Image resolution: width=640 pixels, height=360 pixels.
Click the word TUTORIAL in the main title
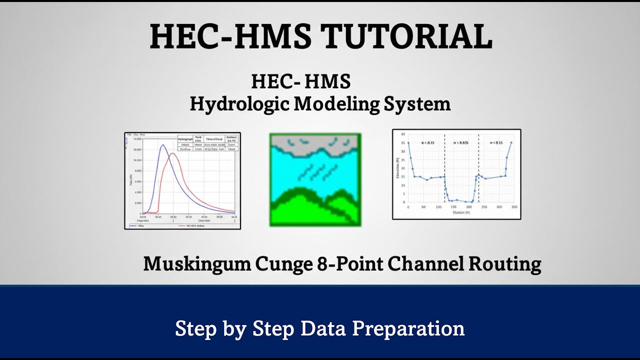406,36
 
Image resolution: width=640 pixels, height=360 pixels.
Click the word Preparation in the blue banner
408,328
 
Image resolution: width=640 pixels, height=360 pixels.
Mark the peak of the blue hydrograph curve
162,145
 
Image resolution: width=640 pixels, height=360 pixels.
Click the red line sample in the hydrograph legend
182,225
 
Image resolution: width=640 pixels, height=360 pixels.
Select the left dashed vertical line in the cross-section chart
444,170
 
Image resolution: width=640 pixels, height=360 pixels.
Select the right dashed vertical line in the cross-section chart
478,170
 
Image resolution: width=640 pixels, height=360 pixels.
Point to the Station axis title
460,212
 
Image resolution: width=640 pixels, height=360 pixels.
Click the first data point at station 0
408,142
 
